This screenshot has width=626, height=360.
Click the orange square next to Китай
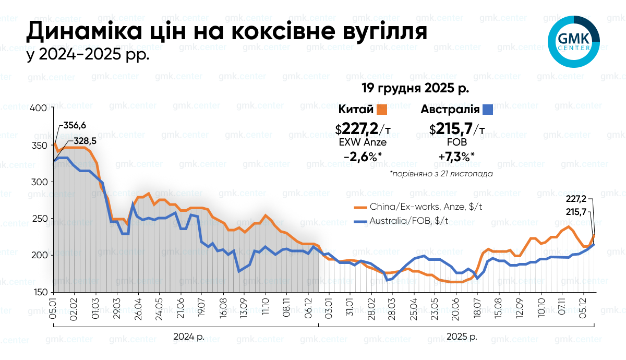tap(382, 110)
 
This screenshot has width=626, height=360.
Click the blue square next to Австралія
tap(487, 110)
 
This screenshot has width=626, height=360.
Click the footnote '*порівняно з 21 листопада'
tap(441, 174)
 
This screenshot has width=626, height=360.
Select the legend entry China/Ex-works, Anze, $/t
tap(417, 207)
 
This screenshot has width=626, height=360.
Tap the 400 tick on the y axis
tap(40, 108)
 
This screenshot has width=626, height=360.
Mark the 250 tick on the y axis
tap(40, 219)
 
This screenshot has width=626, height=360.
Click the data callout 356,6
tap(75, 126)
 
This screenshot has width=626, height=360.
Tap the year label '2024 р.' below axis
tap(189, 337)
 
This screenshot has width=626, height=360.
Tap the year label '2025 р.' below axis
tap(462, 337)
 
